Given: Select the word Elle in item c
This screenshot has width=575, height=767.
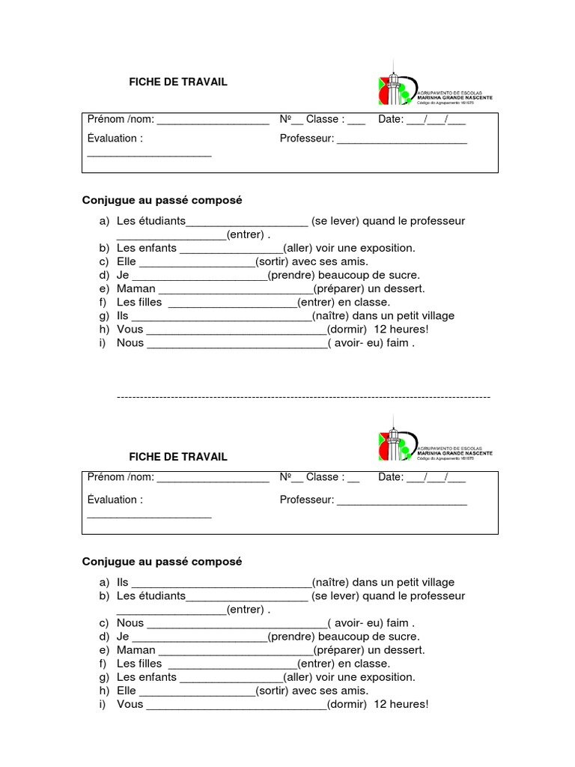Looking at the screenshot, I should tap(127, 261).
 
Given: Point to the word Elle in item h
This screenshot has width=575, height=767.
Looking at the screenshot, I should tap(127, 690).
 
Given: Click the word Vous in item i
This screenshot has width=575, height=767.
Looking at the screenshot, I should tap(130, 704).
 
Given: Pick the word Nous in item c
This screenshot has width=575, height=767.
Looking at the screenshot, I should tap(130, 622).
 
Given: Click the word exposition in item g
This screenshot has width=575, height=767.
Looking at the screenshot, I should tap(386, 676).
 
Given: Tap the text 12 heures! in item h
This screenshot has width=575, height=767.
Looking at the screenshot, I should tap(401, 329).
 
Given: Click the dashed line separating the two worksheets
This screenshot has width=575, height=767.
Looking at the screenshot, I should tap(303, 396).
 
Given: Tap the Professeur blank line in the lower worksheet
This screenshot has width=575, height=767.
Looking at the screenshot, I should tap(401, 501).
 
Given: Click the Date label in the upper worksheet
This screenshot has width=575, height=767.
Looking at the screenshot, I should tap(390, 119).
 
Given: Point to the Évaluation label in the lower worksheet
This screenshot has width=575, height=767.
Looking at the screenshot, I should tap(115, 500).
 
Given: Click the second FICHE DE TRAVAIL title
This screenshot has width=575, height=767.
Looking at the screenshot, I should tap(178, 457).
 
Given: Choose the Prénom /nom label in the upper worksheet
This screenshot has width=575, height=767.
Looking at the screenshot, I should tap(120, 119).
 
